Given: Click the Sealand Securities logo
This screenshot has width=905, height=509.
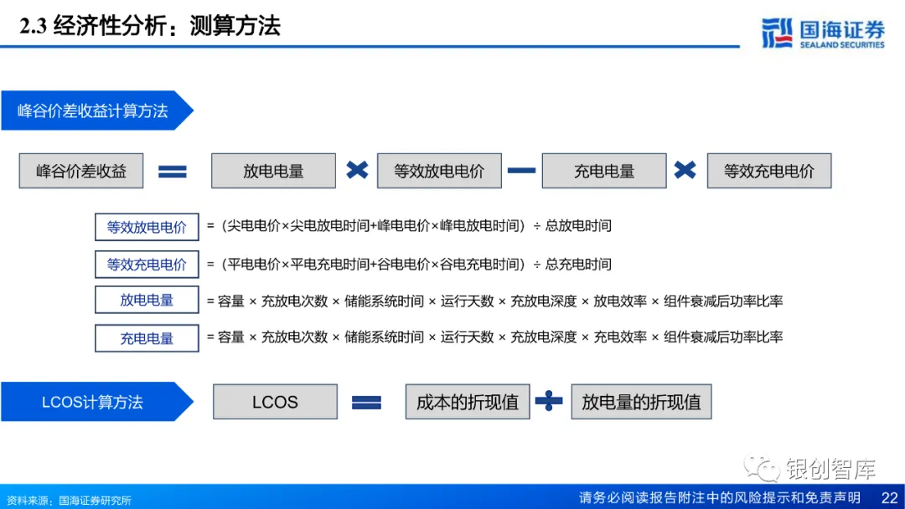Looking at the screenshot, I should point(823,33).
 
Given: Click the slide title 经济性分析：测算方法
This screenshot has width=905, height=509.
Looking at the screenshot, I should point(151,25).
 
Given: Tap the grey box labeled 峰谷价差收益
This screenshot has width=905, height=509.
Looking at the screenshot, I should point(81,171).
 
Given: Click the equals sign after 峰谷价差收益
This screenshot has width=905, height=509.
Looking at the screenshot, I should point(173,172).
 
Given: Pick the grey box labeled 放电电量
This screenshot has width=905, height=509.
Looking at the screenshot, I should point(273,171).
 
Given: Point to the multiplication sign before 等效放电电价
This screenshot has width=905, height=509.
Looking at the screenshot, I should point(357,170).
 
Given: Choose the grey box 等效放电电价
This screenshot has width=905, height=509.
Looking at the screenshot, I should point(439,171).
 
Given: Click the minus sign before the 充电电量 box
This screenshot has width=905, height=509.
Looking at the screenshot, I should point(521,171).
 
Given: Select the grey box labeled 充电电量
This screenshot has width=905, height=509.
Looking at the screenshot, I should point(604,171).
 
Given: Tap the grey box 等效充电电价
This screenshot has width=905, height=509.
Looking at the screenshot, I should point(769,171).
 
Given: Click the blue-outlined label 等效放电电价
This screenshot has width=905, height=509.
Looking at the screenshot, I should point(147,227).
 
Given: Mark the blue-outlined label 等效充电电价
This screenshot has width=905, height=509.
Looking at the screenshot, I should point(147,265).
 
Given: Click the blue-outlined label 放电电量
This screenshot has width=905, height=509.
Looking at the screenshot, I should point(147,301).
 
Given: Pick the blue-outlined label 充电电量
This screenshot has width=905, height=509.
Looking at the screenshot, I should point(147,338).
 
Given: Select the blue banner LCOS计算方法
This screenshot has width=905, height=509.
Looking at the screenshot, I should point(92,402).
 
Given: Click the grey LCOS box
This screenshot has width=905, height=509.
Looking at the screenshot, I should point(275,402).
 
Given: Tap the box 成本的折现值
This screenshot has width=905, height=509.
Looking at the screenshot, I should point(468,402).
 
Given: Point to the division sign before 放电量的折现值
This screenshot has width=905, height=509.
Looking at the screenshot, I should point(549,402).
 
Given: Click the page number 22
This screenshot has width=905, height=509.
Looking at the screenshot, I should point(889,498).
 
